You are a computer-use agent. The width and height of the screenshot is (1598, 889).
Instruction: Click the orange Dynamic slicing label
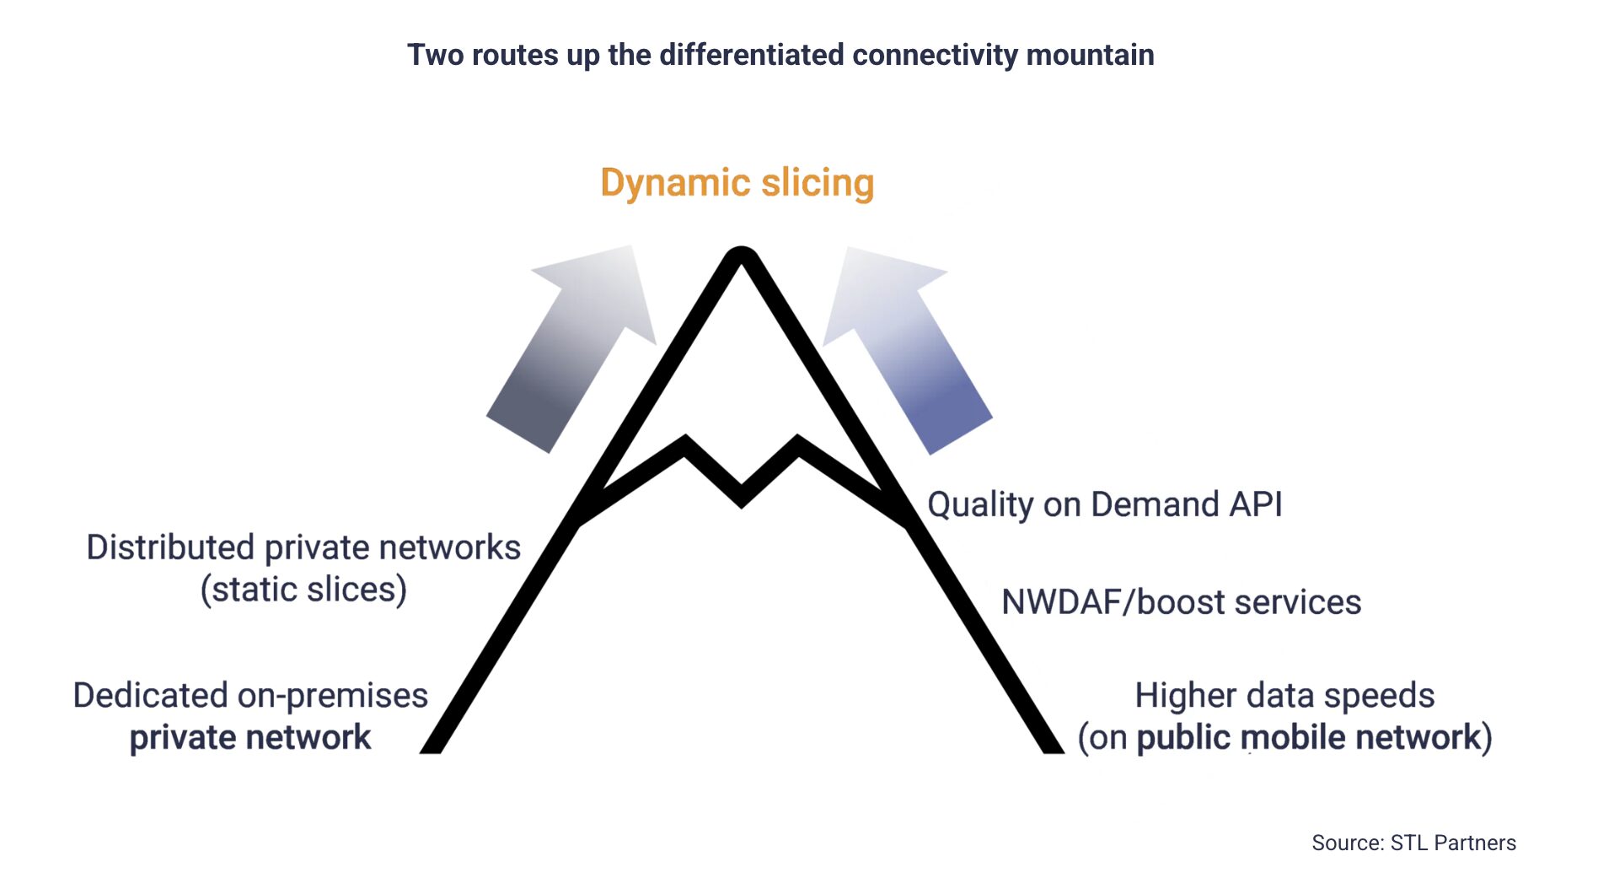click(737, 183)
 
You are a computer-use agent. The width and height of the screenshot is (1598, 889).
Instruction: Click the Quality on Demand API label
click(1104, 504)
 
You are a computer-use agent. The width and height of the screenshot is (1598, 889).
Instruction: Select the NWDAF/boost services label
click(1181, 602)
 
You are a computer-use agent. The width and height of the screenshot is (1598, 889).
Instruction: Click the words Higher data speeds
click(1284, 696)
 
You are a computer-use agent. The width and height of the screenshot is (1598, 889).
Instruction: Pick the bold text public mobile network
click(1308, 737)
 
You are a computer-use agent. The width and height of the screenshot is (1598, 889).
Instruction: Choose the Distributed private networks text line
click(303, 547)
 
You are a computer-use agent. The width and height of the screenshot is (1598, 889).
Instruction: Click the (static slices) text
click(303, 589)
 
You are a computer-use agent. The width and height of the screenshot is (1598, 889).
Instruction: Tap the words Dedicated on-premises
click(250, 696)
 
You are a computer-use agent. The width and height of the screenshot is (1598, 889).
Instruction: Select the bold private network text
click(250, 737)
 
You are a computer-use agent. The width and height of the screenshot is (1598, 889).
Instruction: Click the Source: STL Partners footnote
click(1413, 843)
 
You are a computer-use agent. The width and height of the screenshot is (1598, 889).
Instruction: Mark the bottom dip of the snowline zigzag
click(741, 498)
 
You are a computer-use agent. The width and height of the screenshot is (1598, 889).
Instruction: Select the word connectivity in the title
click(935, 55)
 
